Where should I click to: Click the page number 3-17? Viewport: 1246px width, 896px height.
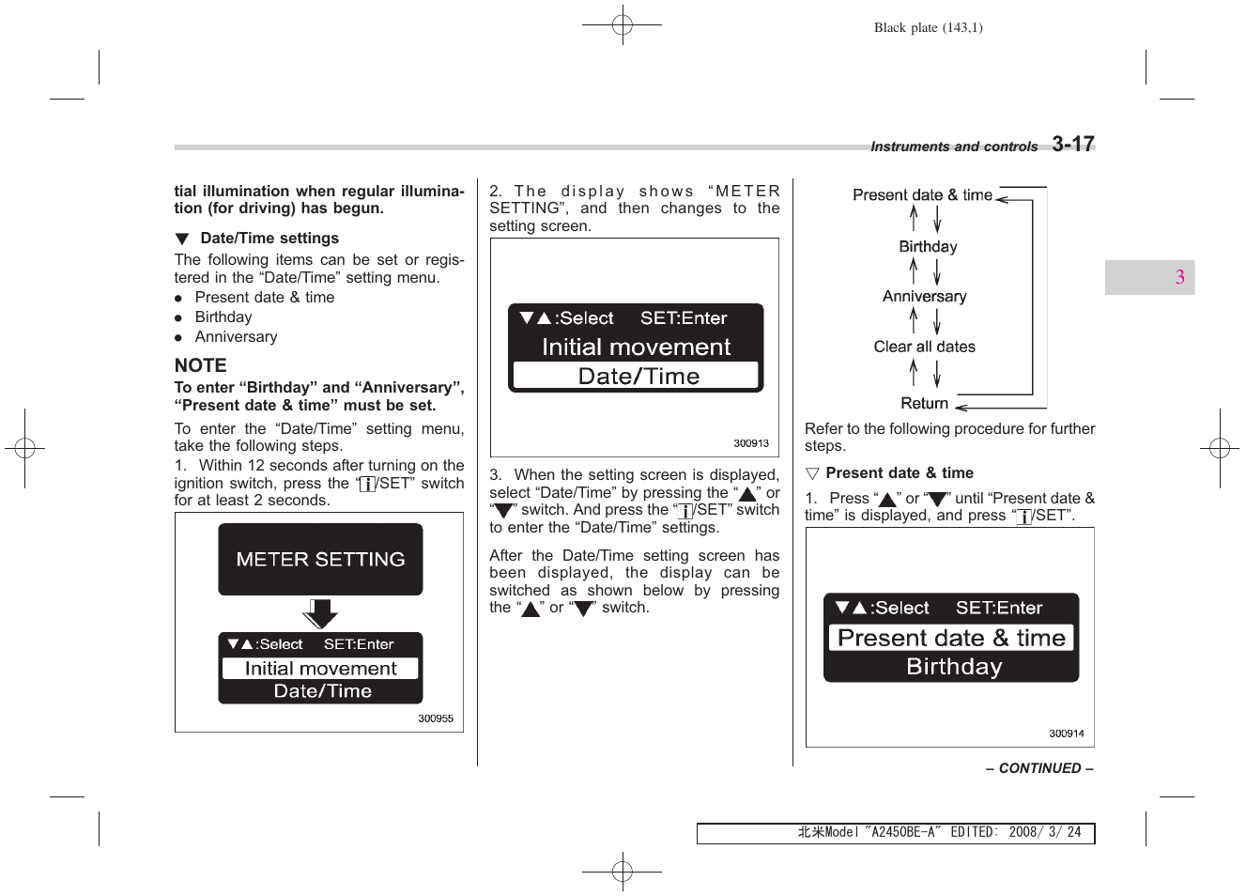(x=1072, y=144)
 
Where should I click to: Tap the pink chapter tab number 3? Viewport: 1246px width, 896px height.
(x=1179, y=277)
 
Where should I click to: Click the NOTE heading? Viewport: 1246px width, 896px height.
(x=200, y=365)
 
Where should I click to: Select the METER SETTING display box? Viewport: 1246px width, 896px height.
(x=320, y=559)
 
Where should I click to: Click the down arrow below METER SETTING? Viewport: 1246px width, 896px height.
(x=320, y=614)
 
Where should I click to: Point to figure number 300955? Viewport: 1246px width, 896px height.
(x=435, y=718)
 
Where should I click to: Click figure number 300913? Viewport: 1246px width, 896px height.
(x=750, y=443)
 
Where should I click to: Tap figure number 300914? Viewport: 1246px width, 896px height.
(x=1066, y=734)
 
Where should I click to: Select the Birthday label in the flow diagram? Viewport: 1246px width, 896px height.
(x=928, y=247)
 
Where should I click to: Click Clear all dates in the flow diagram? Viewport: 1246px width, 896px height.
(x=924, y=347)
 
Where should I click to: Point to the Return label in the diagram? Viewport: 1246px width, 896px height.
(x=924, y=403)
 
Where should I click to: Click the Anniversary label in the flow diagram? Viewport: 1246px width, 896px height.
(x=924, y=297)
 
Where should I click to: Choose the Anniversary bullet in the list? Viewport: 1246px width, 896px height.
(x=236, y=337)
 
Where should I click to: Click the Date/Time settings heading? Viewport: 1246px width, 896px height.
(x=269, y=239)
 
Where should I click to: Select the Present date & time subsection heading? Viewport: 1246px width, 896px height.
(x=899, y=473)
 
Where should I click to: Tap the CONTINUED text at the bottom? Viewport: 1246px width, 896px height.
(x=1038, y=768)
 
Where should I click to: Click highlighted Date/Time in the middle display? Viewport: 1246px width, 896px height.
(x=638, y=377)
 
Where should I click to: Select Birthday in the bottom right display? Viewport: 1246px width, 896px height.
(x=954, y=667)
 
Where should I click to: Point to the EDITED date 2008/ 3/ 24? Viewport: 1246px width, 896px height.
(x=1044, y=832)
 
